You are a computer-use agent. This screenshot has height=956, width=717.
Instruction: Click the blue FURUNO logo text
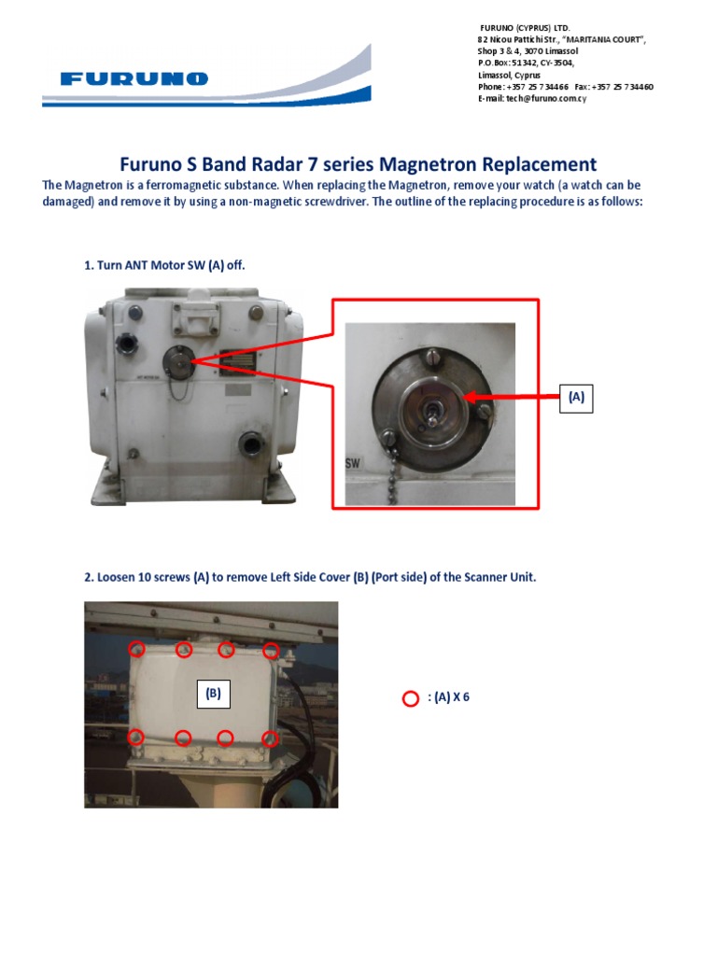(x=134, y=79)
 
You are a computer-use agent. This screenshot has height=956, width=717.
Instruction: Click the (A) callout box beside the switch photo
(x=576, y=397)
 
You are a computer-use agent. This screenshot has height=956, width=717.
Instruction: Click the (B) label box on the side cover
(x=213, y=693)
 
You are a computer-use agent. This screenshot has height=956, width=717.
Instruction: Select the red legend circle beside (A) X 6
(x=410, y=698)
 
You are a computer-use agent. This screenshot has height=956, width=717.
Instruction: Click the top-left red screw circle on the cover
(x=136, y=649)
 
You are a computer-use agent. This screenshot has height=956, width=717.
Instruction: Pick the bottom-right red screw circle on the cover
(x=270, y=738)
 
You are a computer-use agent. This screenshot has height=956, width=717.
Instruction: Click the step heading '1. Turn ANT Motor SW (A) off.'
(x=164, y=266)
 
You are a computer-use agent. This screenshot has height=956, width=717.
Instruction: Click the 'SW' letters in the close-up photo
(x=353, y=463)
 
